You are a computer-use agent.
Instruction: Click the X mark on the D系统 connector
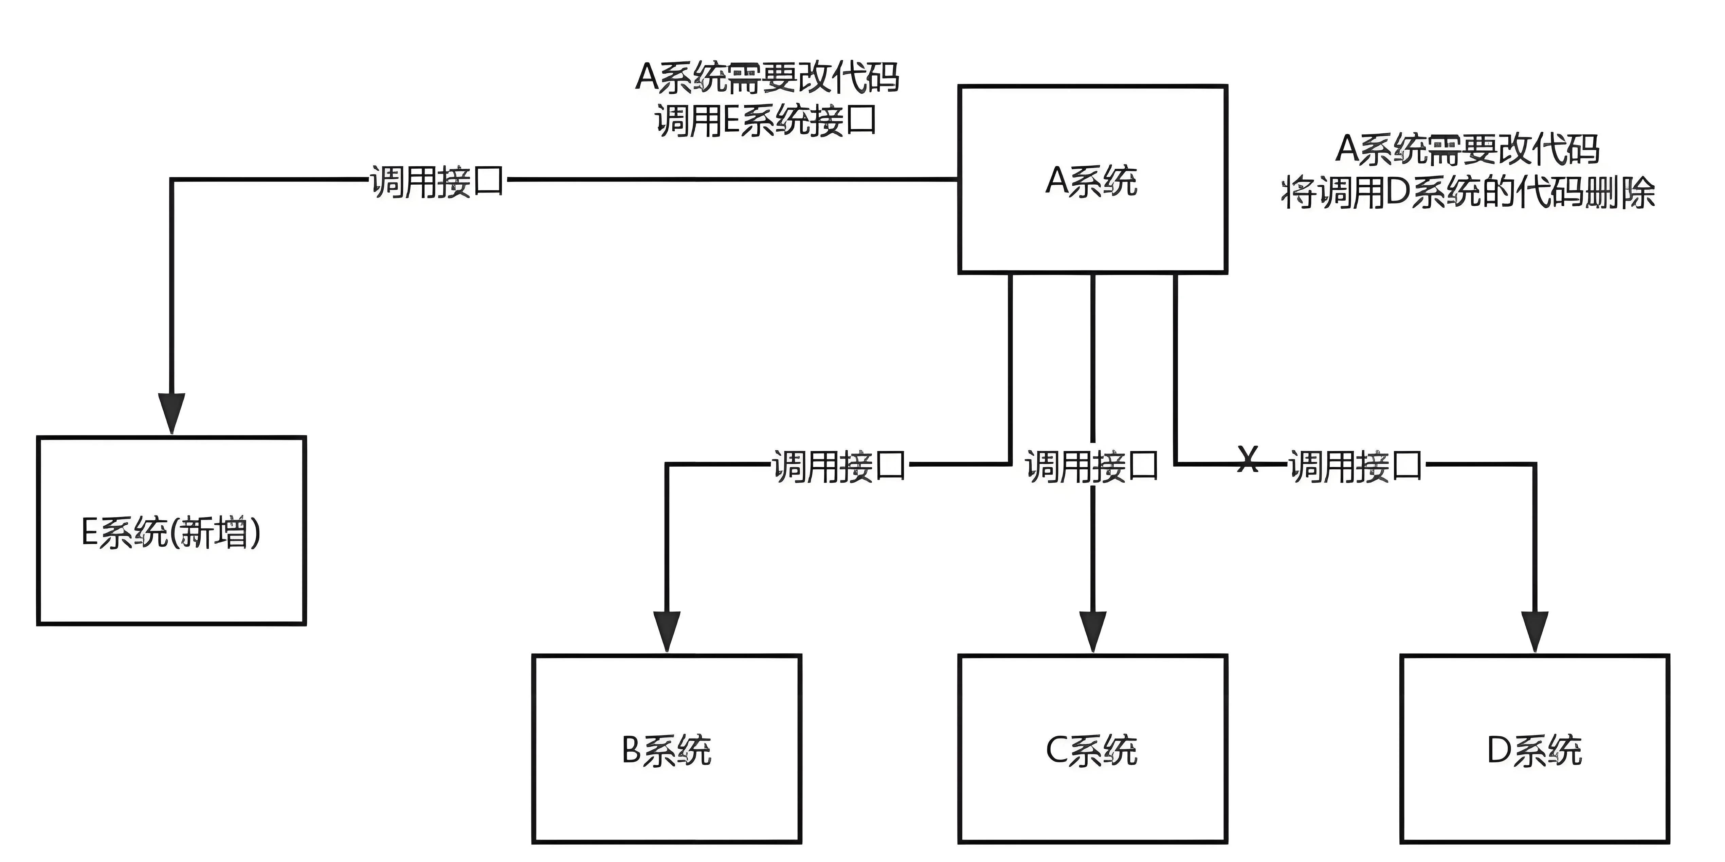[x=1247, y=460]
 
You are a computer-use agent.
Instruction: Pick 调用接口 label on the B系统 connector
[x=839, y=466]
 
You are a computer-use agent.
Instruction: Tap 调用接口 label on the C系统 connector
[x=1092, y=466]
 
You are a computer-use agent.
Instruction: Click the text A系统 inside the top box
[x=1091, y=181]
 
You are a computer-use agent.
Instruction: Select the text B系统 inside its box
[x=667, y=750]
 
